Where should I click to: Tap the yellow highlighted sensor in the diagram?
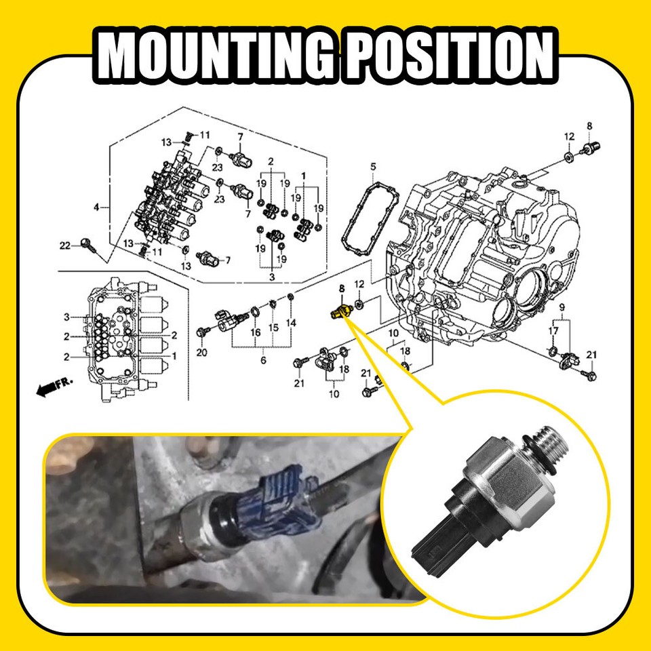tap(339, 310)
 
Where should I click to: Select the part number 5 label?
tap(372, 167)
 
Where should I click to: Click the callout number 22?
tap(65, 245)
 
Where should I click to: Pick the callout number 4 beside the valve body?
tap(96, 206)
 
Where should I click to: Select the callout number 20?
tap(201, 353)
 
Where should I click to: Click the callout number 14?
tap(291, 323)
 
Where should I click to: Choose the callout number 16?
tap(255, 332)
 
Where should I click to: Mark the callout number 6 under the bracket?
tap(263, 360)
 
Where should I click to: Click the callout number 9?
tap(561, 308)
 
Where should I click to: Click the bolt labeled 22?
tap(86, 243)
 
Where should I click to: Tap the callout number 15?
tap(273, 328)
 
